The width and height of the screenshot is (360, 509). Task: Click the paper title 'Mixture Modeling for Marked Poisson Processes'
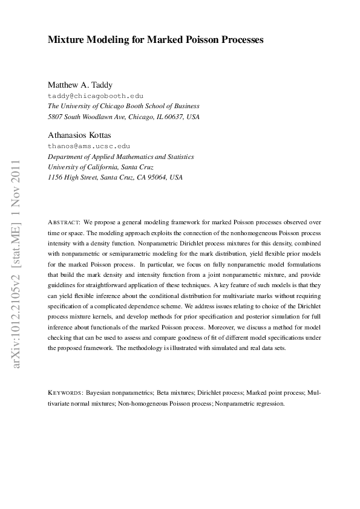pyautogui.click(x=155, y=40)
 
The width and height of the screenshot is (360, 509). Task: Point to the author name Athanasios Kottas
pyautogui.click(x=79, y=135)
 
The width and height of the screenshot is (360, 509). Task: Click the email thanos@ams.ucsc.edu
pyautogui.click(x=89, y=146)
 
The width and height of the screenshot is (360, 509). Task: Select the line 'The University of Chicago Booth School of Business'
pyautogui.click(x=123, y=106)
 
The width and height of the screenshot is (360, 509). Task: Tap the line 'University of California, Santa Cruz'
pyautogui.click(x=100, y=167)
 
